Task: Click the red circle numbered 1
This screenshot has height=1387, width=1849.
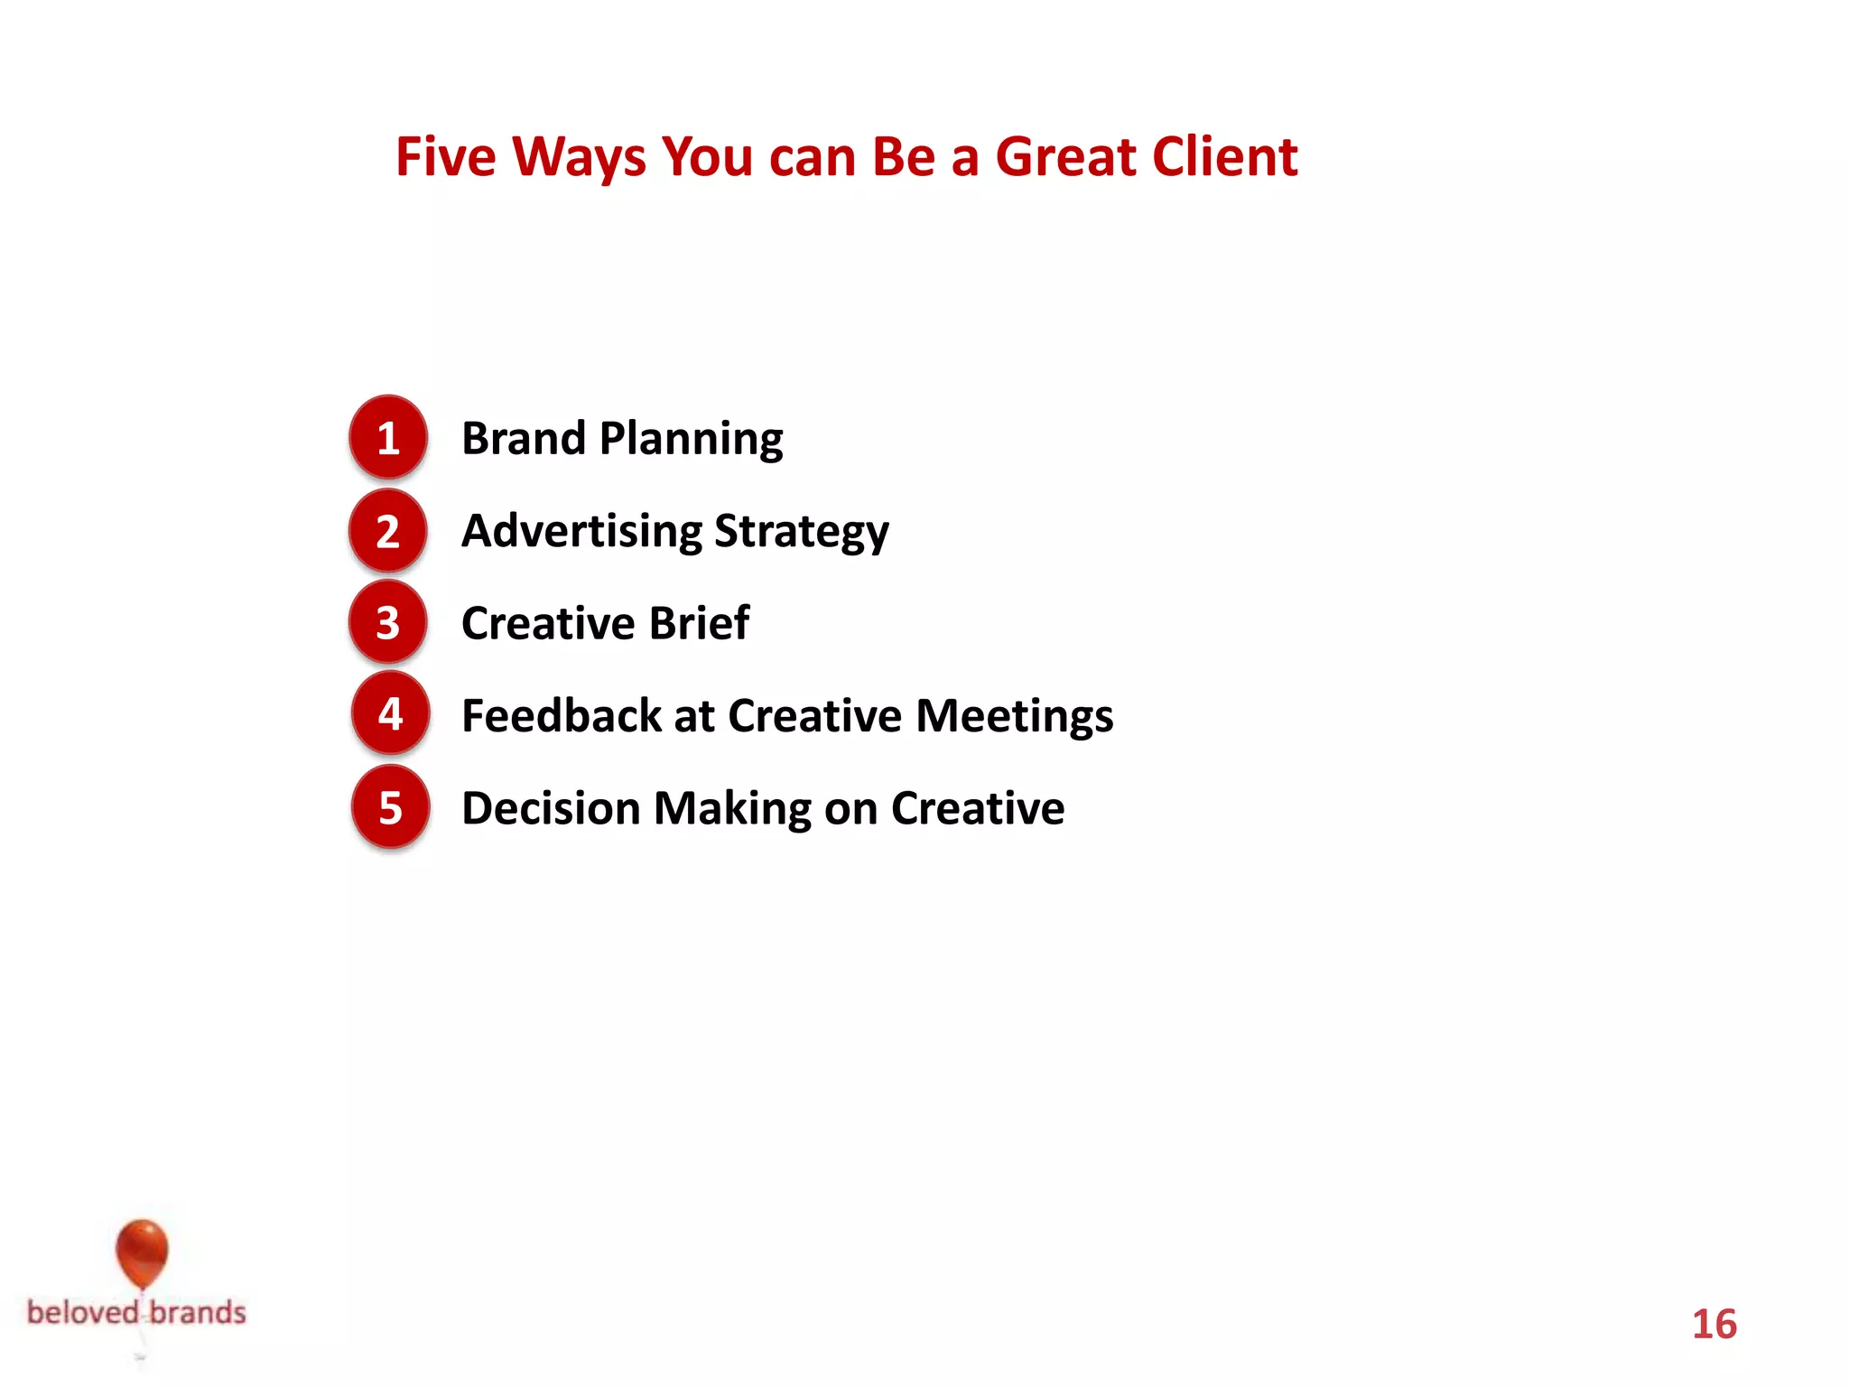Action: [x=388, y=437]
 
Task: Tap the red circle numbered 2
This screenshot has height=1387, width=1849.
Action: [x=388, y=530]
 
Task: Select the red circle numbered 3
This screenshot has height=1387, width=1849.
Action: [x=388, y=622]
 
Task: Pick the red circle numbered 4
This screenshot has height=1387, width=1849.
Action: [x=390, y=714]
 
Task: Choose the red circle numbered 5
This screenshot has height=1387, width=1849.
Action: [x=390, y=807]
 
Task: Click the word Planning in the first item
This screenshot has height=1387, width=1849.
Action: [x=691, y=440]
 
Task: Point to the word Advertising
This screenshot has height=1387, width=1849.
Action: [x=581, y=531]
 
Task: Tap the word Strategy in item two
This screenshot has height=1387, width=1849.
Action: [x=801, y=533]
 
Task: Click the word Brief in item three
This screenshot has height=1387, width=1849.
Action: [x=699, y=623]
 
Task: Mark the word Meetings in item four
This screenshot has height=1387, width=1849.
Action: [x=1014, y=717]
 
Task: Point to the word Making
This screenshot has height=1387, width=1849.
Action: [x=732, y=809]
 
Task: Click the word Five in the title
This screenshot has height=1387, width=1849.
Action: [x=445, y=157]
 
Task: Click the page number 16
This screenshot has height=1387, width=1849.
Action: [x=1714, y=1325]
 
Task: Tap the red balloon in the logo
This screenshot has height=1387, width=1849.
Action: [x=142, y=1252]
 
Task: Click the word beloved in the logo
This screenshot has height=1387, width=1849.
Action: [x=83, y=1312]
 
